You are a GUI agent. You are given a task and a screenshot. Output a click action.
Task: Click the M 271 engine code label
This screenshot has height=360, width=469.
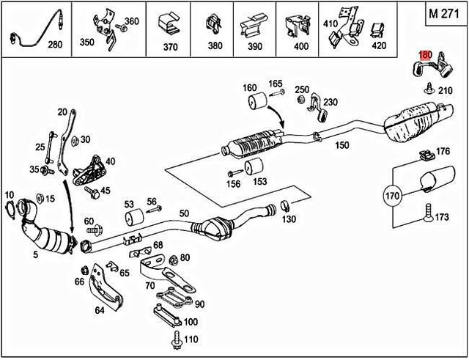click(x=444, y=15)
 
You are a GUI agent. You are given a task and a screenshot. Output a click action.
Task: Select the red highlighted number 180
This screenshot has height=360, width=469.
click(x=425, y=55)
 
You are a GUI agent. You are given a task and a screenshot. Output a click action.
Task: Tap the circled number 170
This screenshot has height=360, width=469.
click(x=393, y=196)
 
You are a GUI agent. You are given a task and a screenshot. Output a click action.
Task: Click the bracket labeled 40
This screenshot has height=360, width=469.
click(x=89, y=169)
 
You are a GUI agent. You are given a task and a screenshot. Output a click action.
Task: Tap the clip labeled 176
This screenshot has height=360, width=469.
click(x=424, y=155)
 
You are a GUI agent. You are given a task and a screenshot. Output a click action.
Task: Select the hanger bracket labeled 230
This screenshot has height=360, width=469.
click(x=317, y=108)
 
